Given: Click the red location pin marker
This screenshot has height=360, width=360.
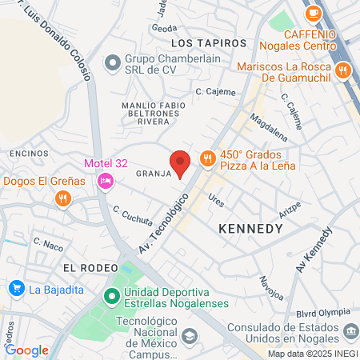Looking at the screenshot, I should click(182, 162).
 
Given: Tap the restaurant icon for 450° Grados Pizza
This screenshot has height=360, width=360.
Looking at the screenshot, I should click(207, 158).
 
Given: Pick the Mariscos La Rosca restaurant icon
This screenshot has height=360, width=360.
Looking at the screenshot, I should click(343, 70).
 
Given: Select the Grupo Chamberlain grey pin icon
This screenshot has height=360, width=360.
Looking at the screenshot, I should click(112, 61).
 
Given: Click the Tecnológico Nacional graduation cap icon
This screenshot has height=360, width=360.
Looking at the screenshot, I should click(188, 337).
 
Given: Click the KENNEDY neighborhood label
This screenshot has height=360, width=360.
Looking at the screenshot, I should click(250, 229).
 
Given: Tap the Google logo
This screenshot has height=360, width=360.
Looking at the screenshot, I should click(26, 350).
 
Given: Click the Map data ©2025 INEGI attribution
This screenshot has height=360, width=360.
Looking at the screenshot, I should click(312, 354).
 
